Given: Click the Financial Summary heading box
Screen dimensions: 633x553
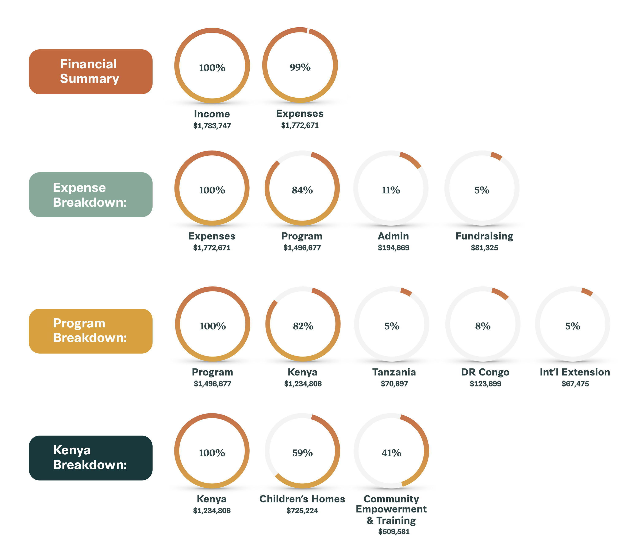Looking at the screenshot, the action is [91, 72].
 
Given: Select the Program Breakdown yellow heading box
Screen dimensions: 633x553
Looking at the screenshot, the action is [91, 331].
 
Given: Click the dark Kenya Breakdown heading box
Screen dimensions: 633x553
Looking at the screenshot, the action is [91, 458].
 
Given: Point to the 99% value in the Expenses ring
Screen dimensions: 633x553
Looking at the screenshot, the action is [300, 67].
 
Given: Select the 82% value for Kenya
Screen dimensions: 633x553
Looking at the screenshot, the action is [303, 326].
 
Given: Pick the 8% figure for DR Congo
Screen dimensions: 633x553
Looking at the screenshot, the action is [483, 326].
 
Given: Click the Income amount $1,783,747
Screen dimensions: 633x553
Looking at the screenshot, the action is [212, 126].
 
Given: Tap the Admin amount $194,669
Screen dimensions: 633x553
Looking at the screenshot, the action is [393, 248].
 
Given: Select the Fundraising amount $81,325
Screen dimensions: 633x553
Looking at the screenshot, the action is [484, 248].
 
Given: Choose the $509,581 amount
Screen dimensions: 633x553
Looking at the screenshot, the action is [394, 531].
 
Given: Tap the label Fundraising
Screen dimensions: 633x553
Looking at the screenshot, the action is [484, 236].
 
